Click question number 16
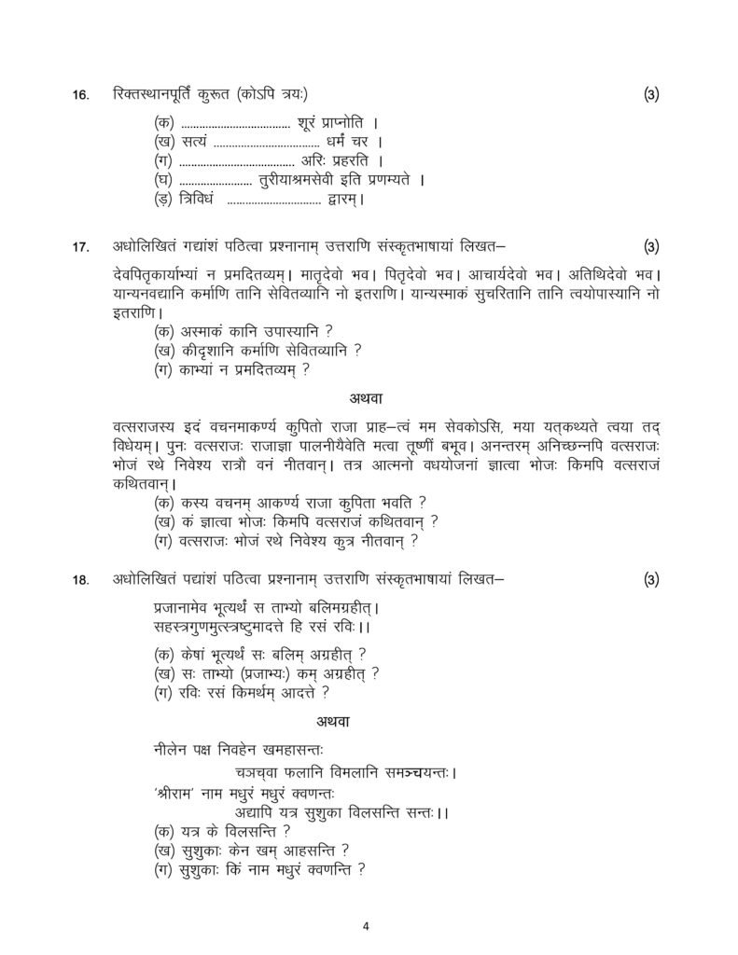pos(80,95)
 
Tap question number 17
pos(80,247)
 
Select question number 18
pos(80,580)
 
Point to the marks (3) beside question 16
pos(651,94)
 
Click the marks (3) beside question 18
pos(651,579)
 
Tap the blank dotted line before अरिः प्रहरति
pos(229,160)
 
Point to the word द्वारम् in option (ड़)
pos(344,199)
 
